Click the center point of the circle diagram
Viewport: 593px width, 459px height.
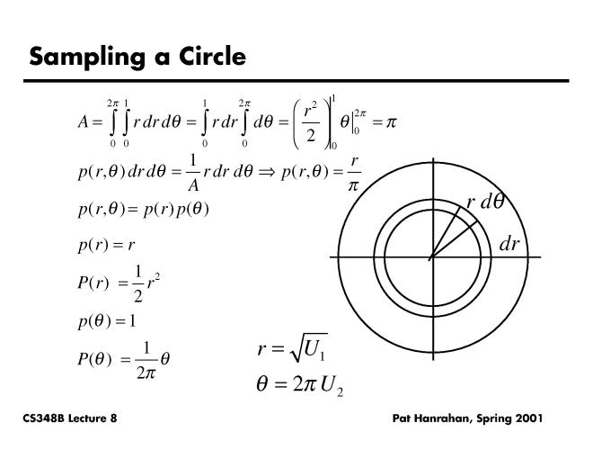tap(431, 258)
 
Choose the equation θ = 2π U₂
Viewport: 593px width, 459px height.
tap(298, 387)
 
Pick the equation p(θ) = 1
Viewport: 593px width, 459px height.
tap(107, 319)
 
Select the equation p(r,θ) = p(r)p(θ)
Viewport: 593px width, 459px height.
tap(144, 209)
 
